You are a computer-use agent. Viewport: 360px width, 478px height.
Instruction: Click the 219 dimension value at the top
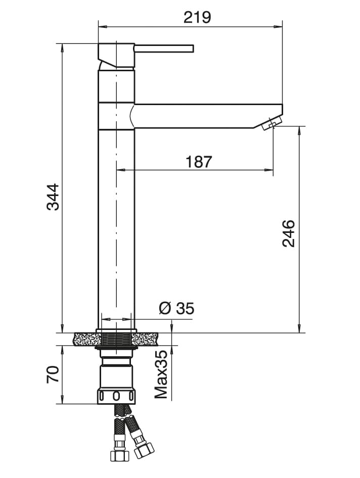point(197,17)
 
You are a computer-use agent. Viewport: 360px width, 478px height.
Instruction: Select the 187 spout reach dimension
point(199,162)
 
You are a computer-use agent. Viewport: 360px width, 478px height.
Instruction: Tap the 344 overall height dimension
point(53,197)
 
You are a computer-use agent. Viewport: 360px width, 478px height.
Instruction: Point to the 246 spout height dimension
point(288,233)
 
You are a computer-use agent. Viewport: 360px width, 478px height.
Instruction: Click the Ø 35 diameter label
point(176,308)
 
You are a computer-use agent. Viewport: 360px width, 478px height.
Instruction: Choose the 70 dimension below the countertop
point(53,374)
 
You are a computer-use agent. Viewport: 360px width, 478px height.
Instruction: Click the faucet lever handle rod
point(164,48)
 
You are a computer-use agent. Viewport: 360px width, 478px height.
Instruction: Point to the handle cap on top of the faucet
point(116,55)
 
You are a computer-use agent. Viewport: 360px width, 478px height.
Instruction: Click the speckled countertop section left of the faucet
point(86,339)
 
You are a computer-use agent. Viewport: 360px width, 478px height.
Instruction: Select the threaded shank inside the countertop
point(116,339)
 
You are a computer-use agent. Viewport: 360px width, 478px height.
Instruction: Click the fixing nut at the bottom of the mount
point(117,396)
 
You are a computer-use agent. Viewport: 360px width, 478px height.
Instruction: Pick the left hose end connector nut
point(120,454)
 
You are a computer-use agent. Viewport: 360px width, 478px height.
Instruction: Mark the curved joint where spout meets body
point(132,116)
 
